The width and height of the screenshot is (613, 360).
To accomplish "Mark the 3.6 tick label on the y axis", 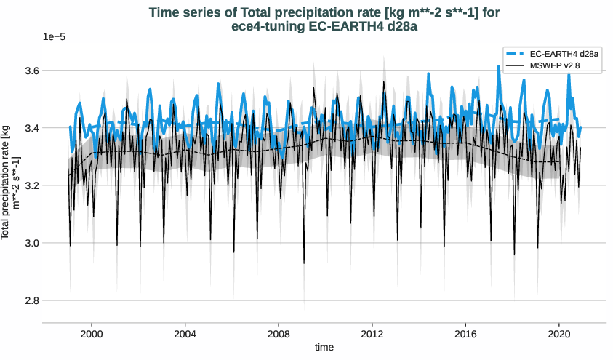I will (x=30, y=71).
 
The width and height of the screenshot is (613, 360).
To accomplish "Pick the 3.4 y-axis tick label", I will (x=30, y=128).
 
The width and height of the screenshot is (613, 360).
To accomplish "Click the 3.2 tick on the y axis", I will (x=30, y=185).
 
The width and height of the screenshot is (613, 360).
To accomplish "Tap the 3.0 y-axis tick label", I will (x=30, y=243).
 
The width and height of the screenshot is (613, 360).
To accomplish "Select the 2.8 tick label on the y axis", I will (x=30, y=300).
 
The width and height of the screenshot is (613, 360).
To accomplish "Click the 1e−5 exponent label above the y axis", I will (x=54, y=37).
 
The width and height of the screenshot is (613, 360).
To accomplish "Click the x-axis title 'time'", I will (x=324, y=348).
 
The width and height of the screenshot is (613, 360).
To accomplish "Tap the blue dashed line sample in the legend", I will (x=515, y=55).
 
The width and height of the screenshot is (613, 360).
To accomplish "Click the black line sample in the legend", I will (x=515, y=66).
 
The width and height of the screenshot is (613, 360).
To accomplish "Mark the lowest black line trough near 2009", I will (x=304, y=263).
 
